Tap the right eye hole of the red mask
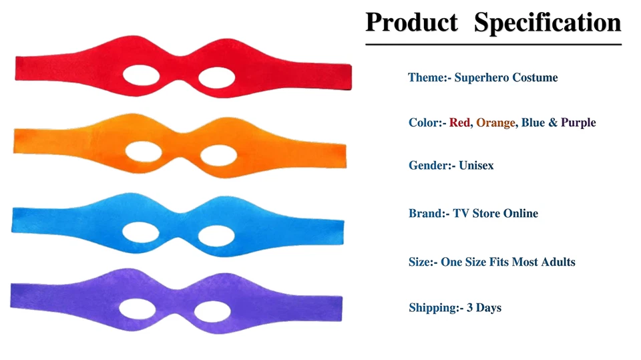pyautogui.click(x=219, y=76)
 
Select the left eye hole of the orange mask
pyautogui.click(x=144, y=153)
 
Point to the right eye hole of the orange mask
pyautogui.click(x=218, y=156)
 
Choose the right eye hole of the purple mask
pyautogui.click(x=215, y=311)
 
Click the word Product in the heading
pyautogui.click(x=411, y=22)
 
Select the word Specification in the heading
pyautogui.click(x=548, y=22)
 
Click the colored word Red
pyautogui.click(x=459, y=123)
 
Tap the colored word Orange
pyautogui.click(x=495, y=123)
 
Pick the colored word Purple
pyautogui.click(x=578, y=123)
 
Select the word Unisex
pyautogui.click(x=476, y=166)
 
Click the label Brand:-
pyautogui.click(x=429, y=214)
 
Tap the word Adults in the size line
pyautogui.click(x=558, y=262)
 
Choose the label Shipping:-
pyautogui.click(x=435, y=308)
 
